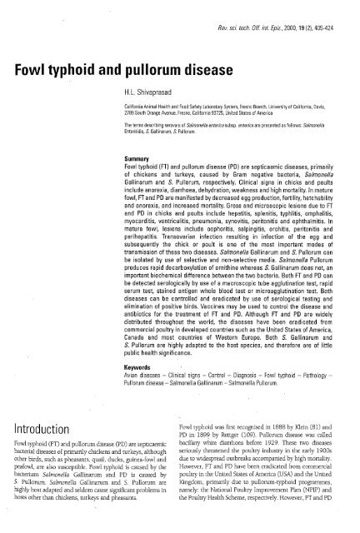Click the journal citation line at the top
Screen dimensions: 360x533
pos(283,15)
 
